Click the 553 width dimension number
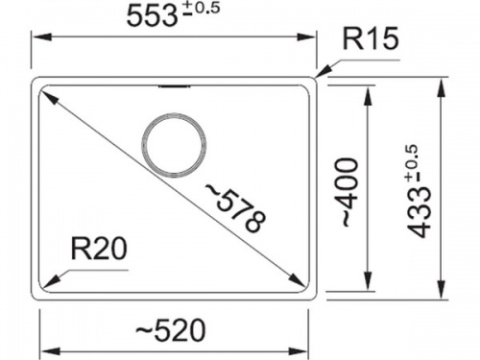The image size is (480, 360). click(152, 16)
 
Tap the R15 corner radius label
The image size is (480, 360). click(371, 38)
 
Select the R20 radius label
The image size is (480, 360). click(99, 249)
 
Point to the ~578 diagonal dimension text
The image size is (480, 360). click(236, 208)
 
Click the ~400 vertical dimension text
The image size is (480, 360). click(349, 192)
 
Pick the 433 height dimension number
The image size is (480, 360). click(420, 212)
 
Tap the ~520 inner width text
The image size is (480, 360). click(170, 329)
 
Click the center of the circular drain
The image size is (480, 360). click(174, 145)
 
